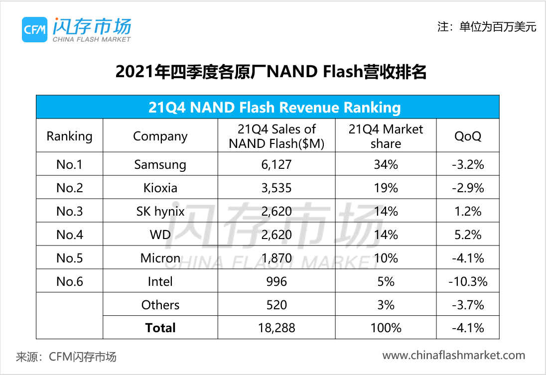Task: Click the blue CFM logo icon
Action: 34,30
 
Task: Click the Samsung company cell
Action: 160,164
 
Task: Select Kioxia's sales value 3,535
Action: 276,188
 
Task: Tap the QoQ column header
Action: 467,136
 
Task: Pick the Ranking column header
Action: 69,136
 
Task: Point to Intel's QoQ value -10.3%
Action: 467,281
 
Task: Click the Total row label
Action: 160,328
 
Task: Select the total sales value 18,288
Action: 276,328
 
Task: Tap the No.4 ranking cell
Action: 69,235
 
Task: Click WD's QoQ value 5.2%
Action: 467,235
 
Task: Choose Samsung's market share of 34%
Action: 386,164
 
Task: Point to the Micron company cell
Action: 160,258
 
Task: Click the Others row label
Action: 160,305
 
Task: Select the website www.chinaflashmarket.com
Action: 453,356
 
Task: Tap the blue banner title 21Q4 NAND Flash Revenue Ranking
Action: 268,107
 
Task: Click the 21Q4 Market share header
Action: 386,136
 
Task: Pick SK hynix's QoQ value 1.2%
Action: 467,211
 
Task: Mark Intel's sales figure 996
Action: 276,281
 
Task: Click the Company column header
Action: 160,136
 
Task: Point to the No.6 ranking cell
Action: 69,281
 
